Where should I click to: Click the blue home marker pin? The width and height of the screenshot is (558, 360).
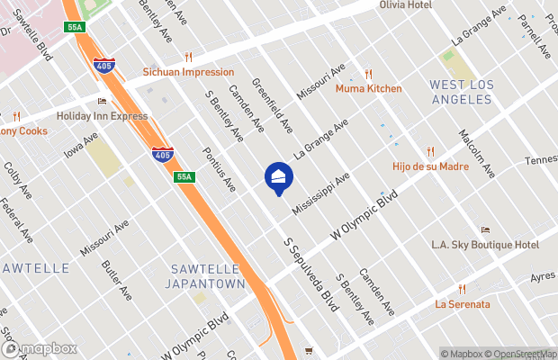point(278,177)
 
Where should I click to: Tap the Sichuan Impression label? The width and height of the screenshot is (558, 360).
point(188,72)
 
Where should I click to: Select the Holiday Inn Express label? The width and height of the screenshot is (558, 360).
point(102,116)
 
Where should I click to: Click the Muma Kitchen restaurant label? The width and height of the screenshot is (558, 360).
point(368,89)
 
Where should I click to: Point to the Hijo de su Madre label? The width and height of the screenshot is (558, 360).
point(430,166)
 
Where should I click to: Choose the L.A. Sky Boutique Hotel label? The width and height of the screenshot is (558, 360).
point(485,245)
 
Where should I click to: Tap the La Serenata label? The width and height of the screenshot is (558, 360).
point(463,304)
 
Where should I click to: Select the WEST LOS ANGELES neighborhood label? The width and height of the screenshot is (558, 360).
point(461,91)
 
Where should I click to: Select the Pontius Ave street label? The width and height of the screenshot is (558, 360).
point(219,170)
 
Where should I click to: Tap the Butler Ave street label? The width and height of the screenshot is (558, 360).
point(117,281)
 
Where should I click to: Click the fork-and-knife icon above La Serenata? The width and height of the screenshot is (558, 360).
point(463,289)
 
